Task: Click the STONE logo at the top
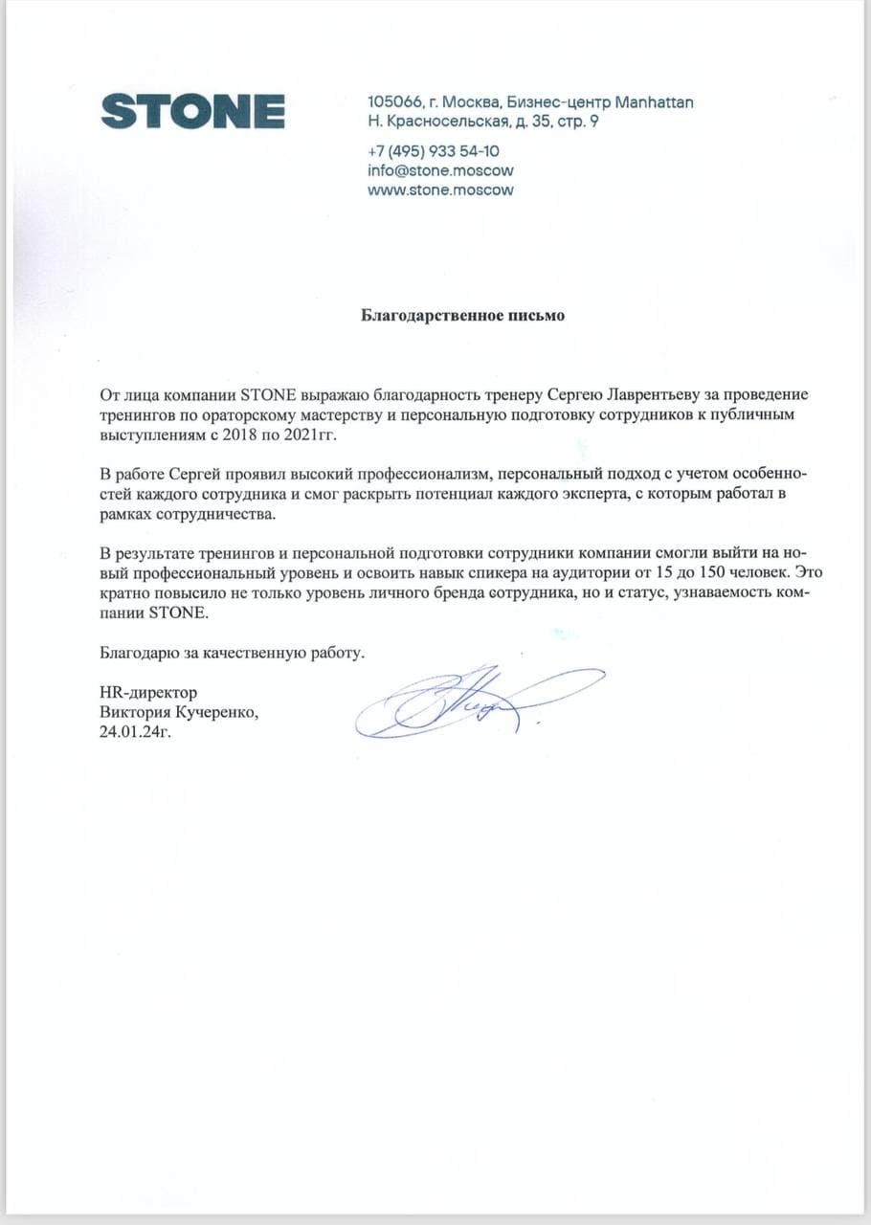pyautogui.click(x=192, y=111)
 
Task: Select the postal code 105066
pyautogui.click(x=395, y=102)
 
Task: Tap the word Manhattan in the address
pyautogui.click(x=654, y=102)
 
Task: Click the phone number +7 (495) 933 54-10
pyautogui.click(x=433, y=151)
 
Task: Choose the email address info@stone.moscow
pyautogui.click(x=440, y=170)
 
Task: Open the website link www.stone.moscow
pyautogui.click(x=440, y=189)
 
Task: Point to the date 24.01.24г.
pyautogui.click(x=140, y=733)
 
